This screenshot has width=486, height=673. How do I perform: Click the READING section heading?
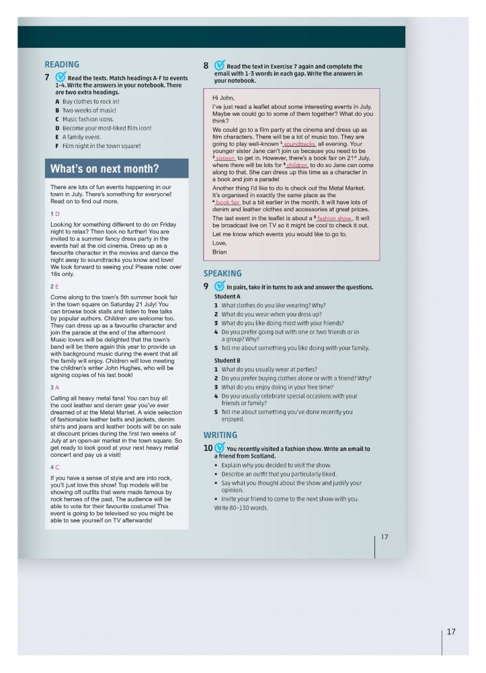(61, 65)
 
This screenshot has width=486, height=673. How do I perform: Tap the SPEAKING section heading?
(222, 273)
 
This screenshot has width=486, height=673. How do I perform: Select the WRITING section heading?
(220, 435)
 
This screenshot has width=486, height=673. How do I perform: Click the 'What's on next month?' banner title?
(104, 169)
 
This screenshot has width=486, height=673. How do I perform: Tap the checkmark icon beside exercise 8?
(219, 66)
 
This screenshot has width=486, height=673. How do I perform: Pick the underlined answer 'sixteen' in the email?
(226, 158)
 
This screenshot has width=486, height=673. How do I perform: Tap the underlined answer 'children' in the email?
(297, 165)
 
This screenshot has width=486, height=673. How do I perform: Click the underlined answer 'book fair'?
(228, 203)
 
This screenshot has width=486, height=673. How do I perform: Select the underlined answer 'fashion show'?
(335, 219)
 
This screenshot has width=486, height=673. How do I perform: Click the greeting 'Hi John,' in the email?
(223, 98)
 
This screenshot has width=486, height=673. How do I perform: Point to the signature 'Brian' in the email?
(219, 252)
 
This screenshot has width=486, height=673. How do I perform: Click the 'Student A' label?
(227, 296)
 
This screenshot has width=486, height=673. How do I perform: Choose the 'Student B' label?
(227, 361)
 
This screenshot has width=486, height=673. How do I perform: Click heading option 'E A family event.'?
(83, 137)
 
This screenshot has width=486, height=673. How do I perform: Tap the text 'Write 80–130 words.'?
(241, 507)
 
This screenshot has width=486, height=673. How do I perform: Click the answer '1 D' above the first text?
(55, 213)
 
